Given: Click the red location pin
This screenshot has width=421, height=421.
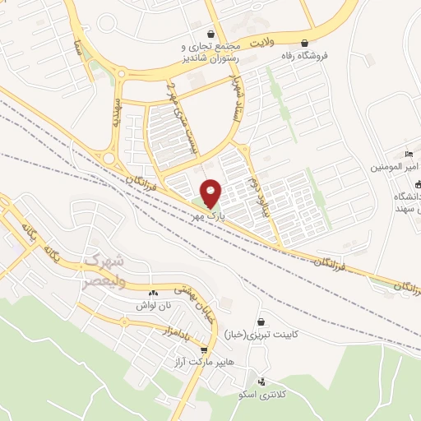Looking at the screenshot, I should pyautogui.click(x=211, y=194).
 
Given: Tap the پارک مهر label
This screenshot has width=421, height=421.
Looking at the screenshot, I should pyautogui.click(x=210, y=215).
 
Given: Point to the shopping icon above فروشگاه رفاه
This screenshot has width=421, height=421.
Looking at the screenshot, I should pyautogui.click(x=305, y=44).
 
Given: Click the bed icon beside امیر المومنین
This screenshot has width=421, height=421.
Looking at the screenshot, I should pyautogui.click(x=409, y=155).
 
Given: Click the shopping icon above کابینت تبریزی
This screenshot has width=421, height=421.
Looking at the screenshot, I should pyautogui.click(x=261, y=321).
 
